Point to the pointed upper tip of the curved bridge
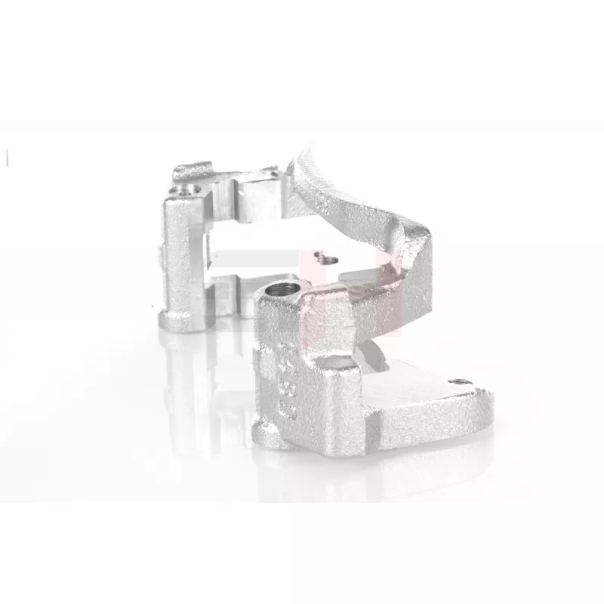(302, 155)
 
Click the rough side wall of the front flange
(430, 430)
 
